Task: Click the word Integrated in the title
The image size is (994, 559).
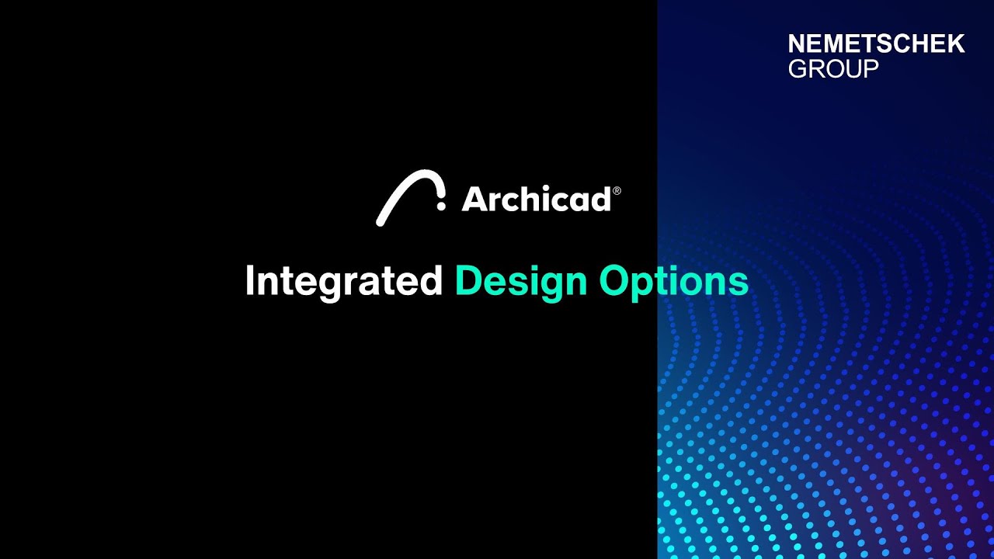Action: click(343, 281)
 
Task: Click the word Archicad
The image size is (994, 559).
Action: click(537, 200)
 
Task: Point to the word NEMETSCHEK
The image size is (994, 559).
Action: click(876, 44)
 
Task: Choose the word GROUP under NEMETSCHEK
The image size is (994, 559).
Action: click(833, 69)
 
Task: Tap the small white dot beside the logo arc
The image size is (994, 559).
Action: click(441, 206)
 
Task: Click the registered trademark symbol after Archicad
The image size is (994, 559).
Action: click(617, 190)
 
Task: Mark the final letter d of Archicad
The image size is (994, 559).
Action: click(600, 200)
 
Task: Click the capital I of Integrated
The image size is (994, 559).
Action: click(250, 281)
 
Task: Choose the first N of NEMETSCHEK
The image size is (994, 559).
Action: click(797, 44)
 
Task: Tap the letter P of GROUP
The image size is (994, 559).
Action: click(871, 69)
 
